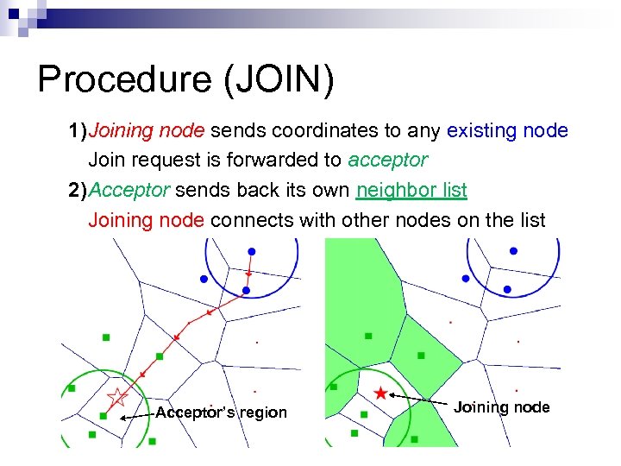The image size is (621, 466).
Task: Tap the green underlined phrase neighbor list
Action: click(412, 190)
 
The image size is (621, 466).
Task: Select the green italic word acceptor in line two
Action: click(388, 161)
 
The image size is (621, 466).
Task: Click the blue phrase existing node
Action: click(507, 131)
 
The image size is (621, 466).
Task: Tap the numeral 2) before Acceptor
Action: click(78, 190)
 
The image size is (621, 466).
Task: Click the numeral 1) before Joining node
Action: click(78, 131)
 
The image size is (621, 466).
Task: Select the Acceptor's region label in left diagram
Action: click(221, 412)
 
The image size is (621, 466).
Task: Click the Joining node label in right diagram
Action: click(501, 407)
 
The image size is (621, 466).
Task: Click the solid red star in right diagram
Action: click(380, 394)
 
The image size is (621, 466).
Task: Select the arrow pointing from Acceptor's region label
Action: click(136, 416)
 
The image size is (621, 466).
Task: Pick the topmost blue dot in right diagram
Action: click(514, 250)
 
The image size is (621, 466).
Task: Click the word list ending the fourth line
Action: click(531, 220)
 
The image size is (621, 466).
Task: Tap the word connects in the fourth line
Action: click(253, 220)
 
